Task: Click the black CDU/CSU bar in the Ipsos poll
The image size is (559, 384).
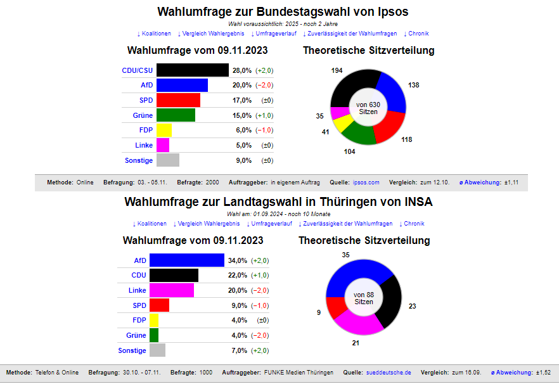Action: pyautogui.click(x=192, y=70)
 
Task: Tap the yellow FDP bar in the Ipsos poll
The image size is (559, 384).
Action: pyautogui.click(x=164, y=131)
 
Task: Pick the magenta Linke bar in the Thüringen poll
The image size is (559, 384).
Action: pyautogui.click(x=175, y=290)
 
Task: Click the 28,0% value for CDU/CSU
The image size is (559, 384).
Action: pyautogui.click(x=242, y=70)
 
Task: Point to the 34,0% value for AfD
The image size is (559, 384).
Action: pyautogui.click(x=238, y=260)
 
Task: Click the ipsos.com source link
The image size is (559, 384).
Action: pyautogui.click(x=366, y=182)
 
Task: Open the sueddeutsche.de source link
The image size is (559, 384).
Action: pyautogui.click(x=389, y=373)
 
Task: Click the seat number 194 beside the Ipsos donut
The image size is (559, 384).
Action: pyautogui.click(x=337, y=70)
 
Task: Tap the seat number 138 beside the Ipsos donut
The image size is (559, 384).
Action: pyautogui.click(x=413, y=86)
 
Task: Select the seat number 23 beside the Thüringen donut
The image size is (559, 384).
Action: pyautogui.click(x=412, y=307)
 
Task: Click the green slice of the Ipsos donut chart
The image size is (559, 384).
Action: pyautogui.click(x=357, y=135)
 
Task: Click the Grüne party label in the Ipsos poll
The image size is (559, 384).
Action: pyautogui.click(x=143, y=115)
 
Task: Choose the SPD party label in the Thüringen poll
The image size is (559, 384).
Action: pyautogui.click(x=139, y=305)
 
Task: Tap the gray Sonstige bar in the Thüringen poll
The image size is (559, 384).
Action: pyautogui.click(x=157, y=350)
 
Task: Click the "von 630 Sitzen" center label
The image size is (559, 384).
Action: pyautogui.click(x=368, y=108)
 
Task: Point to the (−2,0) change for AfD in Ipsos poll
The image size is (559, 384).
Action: pyautogui.click(x=264, y=86)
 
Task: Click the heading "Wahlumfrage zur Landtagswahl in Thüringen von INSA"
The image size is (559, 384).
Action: pyautogui.click(x=279, y=203)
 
